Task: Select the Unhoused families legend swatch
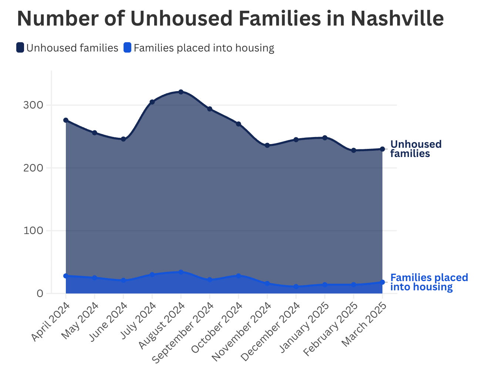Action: (20, 48)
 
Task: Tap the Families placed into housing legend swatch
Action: (127, 48)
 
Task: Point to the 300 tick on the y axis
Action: (33, 105)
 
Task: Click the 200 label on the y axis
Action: (33, 168)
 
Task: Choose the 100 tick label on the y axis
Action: (33, 231)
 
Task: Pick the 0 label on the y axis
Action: (40, 293)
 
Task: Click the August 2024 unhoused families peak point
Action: (181, 92)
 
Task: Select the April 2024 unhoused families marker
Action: (66, 120)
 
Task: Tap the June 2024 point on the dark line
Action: (124, 139)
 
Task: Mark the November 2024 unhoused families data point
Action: (267, 146)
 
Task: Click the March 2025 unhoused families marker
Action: (382, 149)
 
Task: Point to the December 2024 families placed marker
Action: (296, 287)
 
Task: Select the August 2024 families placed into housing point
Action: (181, 272)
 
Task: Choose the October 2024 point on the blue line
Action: (239, 276)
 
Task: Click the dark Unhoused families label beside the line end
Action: (416, 149)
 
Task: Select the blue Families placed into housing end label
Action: (429, 282)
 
